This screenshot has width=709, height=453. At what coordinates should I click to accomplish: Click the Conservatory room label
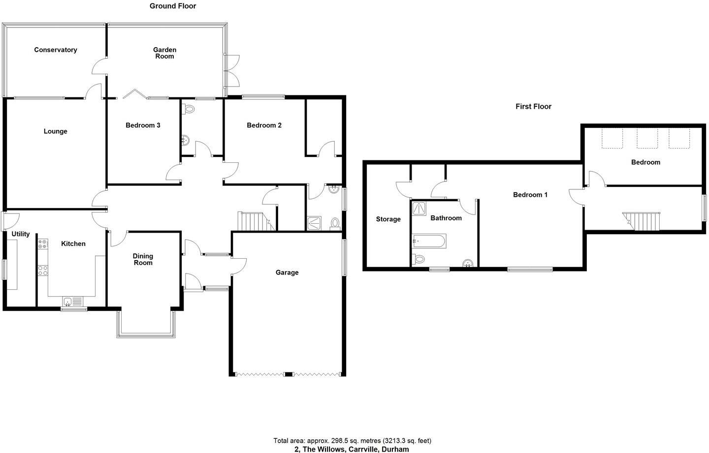56,50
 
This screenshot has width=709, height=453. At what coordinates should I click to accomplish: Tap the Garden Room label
164,53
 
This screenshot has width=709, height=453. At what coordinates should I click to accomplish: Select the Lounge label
55,131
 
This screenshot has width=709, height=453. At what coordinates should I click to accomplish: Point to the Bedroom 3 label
143,125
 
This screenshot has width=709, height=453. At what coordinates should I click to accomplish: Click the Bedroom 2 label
264,125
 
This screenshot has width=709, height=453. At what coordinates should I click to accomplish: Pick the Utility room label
21,234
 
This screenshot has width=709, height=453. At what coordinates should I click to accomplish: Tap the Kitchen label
73,243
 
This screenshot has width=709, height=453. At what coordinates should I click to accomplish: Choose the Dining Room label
143,259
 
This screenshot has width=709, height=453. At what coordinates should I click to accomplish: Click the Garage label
287,272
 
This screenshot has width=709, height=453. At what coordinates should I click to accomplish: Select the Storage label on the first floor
388,219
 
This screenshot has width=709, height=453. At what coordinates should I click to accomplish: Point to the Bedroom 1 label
530,195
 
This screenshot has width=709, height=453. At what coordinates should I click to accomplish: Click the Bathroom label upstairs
446,218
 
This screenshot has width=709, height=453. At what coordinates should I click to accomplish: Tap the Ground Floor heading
173,6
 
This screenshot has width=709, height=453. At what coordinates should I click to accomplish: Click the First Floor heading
533,106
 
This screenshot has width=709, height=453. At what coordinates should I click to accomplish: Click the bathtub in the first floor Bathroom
430,241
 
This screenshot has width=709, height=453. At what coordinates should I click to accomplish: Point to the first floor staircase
641,221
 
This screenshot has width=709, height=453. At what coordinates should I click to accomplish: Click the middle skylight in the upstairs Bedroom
647,138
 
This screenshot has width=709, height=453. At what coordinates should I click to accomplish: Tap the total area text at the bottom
352,441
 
